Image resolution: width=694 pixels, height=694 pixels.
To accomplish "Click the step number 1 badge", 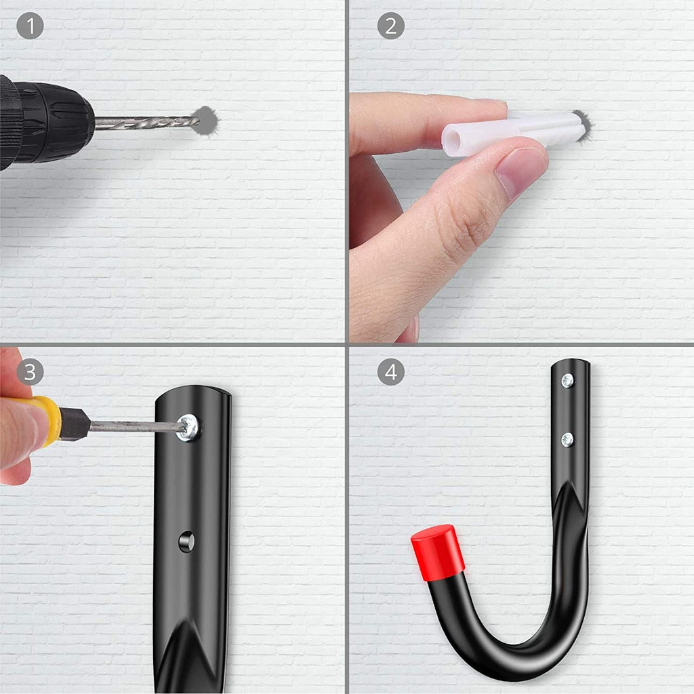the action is click(x=30, y=26).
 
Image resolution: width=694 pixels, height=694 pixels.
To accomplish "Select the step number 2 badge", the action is click(x=391, y=26).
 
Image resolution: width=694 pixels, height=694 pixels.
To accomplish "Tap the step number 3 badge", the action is click(x=30, y=372).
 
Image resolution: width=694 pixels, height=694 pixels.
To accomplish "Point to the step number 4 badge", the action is click(x=391, y=372).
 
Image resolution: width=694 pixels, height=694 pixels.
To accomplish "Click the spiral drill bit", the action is click(x=147, y=123).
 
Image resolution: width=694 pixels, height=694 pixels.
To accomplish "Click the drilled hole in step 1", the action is click(x=206, y=121).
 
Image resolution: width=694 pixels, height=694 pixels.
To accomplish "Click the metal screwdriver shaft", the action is click(x=137, y=426).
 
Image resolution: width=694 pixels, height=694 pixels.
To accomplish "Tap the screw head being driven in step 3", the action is click(x=188, y=428).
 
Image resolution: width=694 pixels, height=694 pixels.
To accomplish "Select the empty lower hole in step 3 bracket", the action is click(x=186, y=542).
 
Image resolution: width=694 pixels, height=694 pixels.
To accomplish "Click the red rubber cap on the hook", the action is click(x=437, y=552).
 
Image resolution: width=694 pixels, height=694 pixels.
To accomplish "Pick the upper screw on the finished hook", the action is click(x=567, y=381).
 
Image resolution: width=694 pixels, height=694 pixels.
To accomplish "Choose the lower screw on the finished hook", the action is click(x=567, y=439).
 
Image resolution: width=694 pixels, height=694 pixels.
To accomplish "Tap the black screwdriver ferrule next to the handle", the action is click(x=75, y=424).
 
